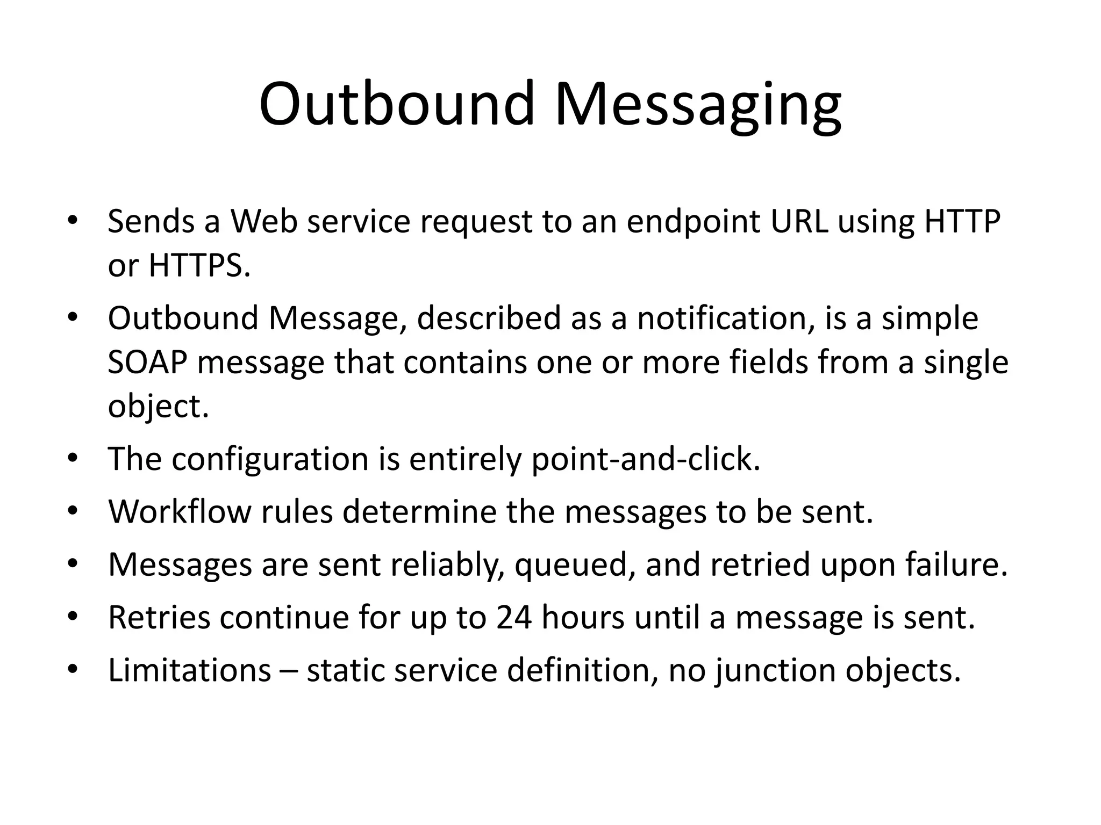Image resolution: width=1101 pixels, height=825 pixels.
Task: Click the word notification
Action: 723,318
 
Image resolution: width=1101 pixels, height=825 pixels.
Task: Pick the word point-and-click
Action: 645,460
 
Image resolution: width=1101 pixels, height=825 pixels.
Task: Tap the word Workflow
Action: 180,511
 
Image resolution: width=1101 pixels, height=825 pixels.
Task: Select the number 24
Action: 513,618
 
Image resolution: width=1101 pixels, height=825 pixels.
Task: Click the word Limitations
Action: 189,670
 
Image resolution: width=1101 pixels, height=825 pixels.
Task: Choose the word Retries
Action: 159,618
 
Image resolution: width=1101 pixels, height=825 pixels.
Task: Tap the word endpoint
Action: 694,222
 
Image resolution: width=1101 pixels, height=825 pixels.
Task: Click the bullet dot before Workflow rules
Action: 73,510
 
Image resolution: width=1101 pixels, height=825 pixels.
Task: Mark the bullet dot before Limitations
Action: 73,669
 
